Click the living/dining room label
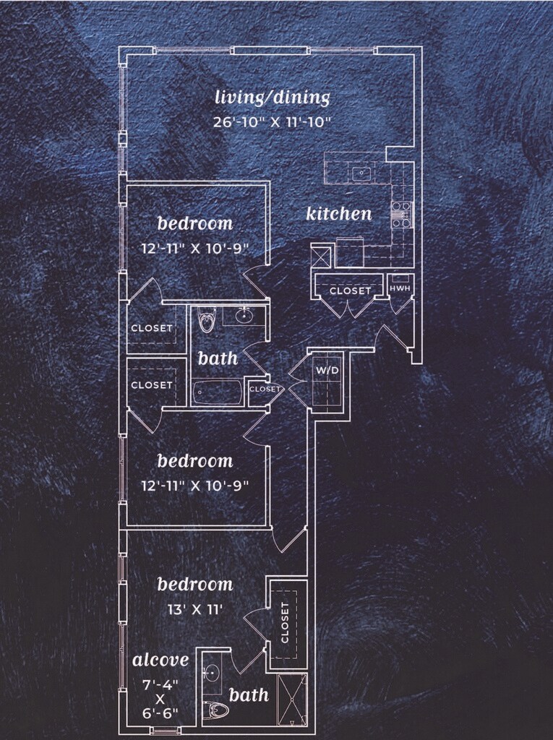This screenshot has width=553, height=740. click(273, 98)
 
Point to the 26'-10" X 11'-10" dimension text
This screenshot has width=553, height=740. click(273, 121)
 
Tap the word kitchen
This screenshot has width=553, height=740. click(339, 214)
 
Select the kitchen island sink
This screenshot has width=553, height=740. click(360, 173)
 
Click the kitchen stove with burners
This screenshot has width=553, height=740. click(400, 214)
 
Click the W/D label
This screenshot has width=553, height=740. click(327, 371)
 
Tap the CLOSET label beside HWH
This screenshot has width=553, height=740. click(351, 291)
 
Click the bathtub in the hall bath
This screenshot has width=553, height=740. click(218, 392)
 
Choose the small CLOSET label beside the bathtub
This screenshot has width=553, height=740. click(265, 389)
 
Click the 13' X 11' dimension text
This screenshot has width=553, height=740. click(195, 609)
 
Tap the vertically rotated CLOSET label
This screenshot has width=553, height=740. click(285, 622)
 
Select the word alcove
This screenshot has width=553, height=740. click(160, 660)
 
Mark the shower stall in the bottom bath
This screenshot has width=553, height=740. click(292, 699)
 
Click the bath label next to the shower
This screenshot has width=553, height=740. click(249, 695)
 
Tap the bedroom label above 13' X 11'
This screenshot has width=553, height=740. click(195, 584)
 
